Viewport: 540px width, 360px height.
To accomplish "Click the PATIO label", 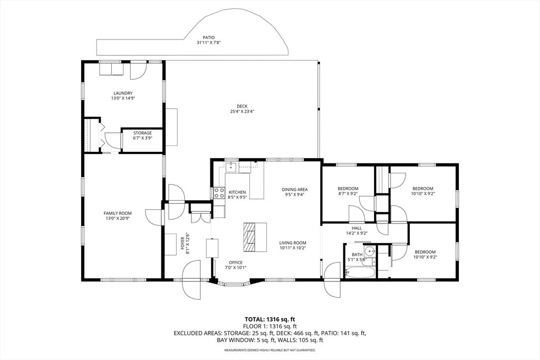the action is pos(208,37).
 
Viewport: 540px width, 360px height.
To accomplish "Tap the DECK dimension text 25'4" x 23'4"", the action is pos(242,111).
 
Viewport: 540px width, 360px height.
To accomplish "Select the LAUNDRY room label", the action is pos(123,93).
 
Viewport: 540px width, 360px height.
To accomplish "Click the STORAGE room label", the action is pos(142,133).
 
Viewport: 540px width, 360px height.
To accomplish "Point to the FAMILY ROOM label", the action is pos(118,213).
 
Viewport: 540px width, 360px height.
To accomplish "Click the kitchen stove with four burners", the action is pos(219,193).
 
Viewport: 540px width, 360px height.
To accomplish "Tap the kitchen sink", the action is pos(230,167).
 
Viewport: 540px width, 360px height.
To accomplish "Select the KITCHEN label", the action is pos(238,192).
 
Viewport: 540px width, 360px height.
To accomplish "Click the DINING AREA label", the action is pos(294,189).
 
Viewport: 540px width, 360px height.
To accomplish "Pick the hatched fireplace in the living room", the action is pos(249,238).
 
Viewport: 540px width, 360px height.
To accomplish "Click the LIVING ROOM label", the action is pos(293,242).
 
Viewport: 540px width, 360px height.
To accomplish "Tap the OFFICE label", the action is pos(236,262).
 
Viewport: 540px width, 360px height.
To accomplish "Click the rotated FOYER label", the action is pos(183,244).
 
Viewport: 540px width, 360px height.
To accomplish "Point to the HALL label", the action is pos(356,228).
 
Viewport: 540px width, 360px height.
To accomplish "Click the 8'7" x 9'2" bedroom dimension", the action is pos(348,193).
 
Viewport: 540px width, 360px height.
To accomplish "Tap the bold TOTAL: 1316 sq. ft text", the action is pos(270,319).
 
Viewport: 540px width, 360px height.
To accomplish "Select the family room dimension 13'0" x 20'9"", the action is pos(118,218).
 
